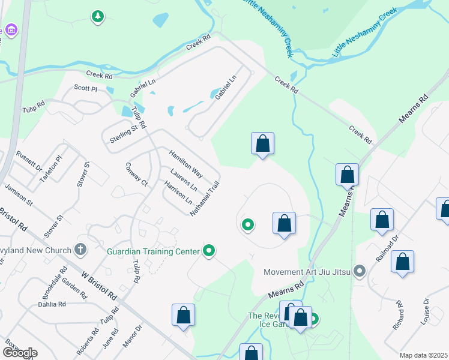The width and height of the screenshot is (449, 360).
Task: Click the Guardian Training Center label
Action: tap(153, 251)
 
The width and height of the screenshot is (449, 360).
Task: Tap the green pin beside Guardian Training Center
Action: tap(209, 250)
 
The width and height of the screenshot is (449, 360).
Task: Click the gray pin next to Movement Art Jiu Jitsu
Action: tap(360, 272)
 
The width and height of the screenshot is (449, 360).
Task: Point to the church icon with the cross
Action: tap(80, 249)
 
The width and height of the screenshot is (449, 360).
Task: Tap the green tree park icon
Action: tap(97, 17)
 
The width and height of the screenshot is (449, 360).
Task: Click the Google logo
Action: tap(19, 353)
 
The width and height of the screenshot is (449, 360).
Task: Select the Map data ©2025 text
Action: tap(423, 355)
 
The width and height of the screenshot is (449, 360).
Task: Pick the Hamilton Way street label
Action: tap(185, 163)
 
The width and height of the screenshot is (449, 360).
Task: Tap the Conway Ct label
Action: tap(136, 173)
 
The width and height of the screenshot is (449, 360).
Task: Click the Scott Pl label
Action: tap(85, 88)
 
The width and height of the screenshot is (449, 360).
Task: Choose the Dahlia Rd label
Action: tap(51, 304)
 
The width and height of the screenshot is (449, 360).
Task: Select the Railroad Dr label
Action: tap(387, 245)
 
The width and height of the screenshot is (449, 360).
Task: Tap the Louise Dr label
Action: tap(426, 310)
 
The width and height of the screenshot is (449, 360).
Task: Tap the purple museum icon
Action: tap(10, 29)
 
